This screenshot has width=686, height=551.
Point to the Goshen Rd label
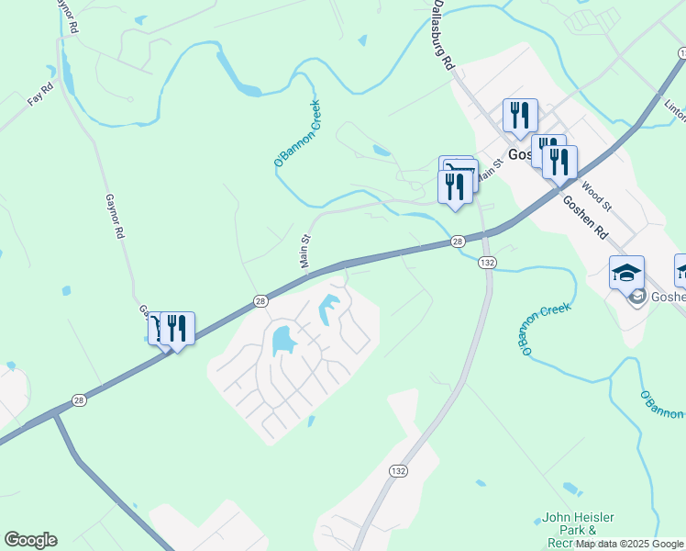coord(585,218)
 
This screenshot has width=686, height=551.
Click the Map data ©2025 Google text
coord(629,545)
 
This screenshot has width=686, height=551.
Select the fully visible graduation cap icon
coord(627,272)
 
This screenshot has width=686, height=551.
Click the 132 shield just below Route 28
coord(487,263)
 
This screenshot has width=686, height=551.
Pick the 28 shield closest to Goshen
coord(457,242)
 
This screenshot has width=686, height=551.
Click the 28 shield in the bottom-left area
coord(76,400)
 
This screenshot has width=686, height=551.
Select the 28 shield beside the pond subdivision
coord(260,300)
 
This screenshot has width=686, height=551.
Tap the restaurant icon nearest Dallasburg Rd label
coord(520,116)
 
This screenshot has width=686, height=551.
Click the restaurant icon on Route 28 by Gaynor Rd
coord(178,328)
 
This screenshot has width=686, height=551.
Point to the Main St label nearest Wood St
coord(492,170)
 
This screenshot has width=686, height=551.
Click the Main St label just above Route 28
coord(306,251)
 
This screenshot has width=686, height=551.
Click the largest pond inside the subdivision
coord(282,342)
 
